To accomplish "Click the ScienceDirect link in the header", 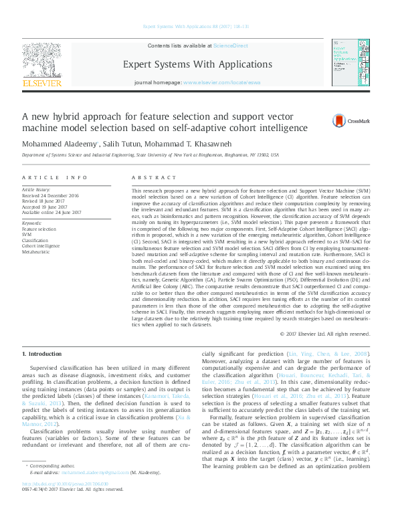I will click(229, 45).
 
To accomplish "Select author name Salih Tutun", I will click(124, 143).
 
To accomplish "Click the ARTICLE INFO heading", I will click(55, 177).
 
